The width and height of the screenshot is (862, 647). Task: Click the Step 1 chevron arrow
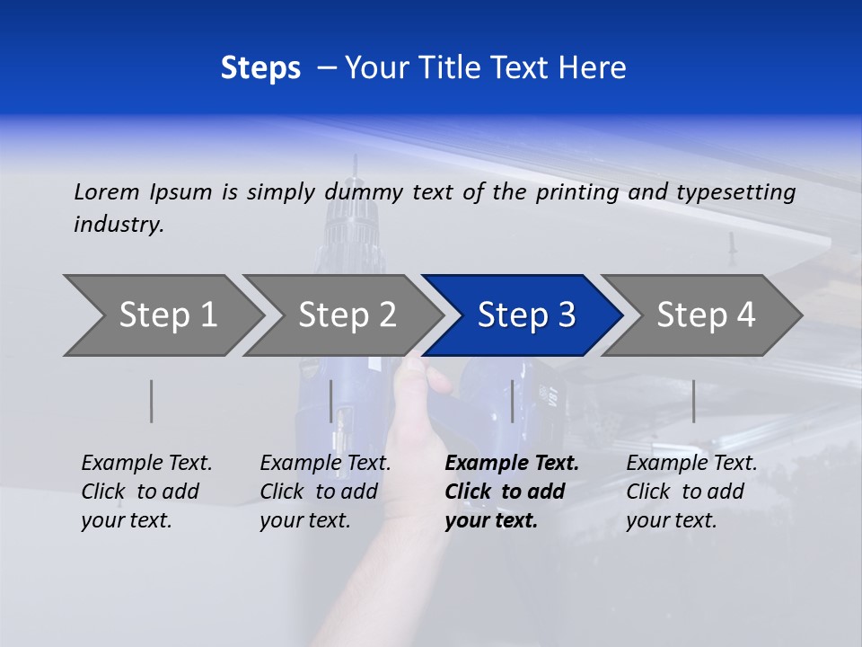tap(162, 315)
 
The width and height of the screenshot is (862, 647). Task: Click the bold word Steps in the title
tap(260, 68)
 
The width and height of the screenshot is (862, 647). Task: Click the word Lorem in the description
tap(106, 191)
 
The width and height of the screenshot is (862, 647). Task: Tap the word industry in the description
tap(119, 225)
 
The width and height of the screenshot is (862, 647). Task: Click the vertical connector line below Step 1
tap(152, 401)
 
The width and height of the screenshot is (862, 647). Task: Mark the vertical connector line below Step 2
tap(331, 401)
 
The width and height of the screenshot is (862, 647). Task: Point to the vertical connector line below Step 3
tap(513, 401)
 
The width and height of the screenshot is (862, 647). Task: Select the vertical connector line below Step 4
tap(693, 401)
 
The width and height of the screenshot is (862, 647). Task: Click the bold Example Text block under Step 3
tap(511, 492)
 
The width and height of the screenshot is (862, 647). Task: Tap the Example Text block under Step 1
tap(146, 492)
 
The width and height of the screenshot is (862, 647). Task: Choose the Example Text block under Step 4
tap(691, 492)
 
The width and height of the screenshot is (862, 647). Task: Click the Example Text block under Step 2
tap(325, 492)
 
